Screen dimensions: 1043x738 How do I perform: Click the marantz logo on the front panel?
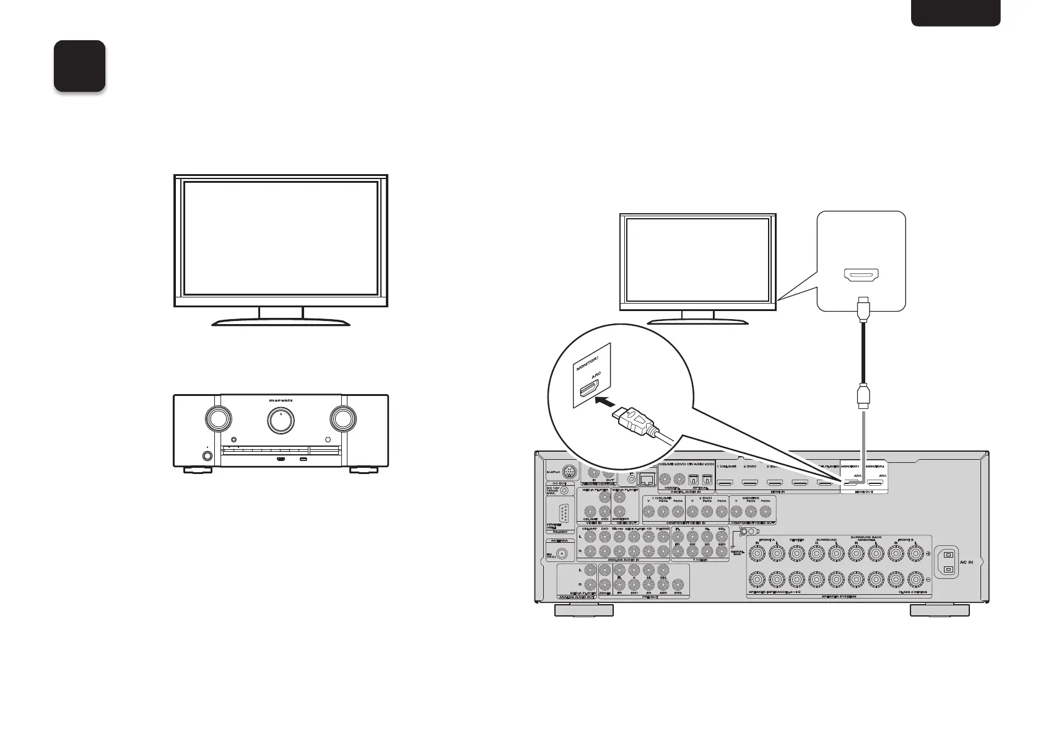click(x=281, y=400)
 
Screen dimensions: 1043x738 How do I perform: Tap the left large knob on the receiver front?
click(x=218, y=419)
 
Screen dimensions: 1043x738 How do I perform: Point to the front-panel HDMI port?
click(x=281, y=459)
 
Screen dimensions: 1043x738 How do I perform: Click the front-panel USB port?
click(x=303, y=459)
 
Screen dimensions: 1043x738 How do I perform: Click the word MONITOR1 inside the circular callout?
click(x=585, y=358)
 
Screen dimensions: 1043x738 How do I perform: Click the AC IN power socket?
click(x=947, y=563)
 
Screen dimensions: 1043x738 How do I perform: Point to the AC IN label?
click(x=966, y=563)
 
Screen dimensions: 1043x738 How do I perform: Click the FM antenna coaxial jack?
click(x=563, y=554)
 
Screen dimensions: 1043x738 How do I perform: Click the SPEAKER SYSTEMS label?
click(x=839, y=597)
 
